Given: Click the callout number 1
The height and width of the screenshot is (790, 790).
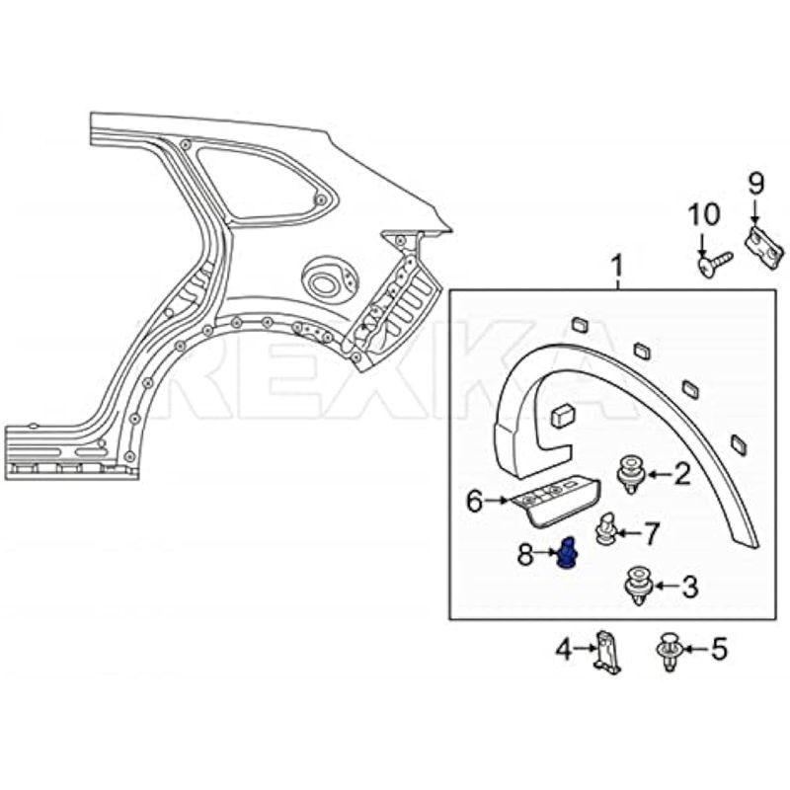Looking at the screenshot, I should click(x=617, y=267).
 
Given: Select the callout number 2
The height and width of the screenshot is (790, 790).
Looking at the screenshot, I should click(x=682, y=475).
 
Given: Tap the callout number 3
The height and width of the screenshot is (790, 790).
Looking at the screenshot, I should click(x=690, y=588).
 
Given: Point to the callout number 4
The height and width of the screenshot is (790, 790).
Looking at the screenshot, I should click(x=563, y=650).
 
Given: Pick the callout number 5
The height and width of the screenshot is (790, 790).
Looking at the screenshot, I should click(x=718, y=649).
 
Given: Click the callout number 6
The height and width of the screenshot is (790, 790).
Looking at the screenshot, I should click(x=475, y=503).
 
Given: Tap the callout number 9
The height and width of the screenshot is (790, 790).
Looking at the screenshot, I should click(x=755, y=183).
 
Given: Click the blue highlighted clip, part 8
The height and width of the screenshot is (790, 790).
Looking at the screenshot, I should click(x=567, y=554).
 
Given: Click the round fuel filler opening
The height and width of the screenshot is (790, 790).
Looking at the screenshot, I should click(x=323, y=282).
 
